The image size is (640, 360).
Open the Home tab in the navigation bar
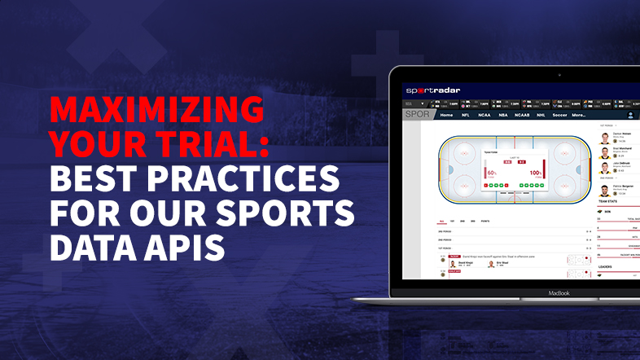point(446,116)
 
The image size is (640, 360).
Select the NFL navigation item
point(466,116)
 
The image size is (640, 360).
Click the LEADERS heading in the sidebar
point(606,266)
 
